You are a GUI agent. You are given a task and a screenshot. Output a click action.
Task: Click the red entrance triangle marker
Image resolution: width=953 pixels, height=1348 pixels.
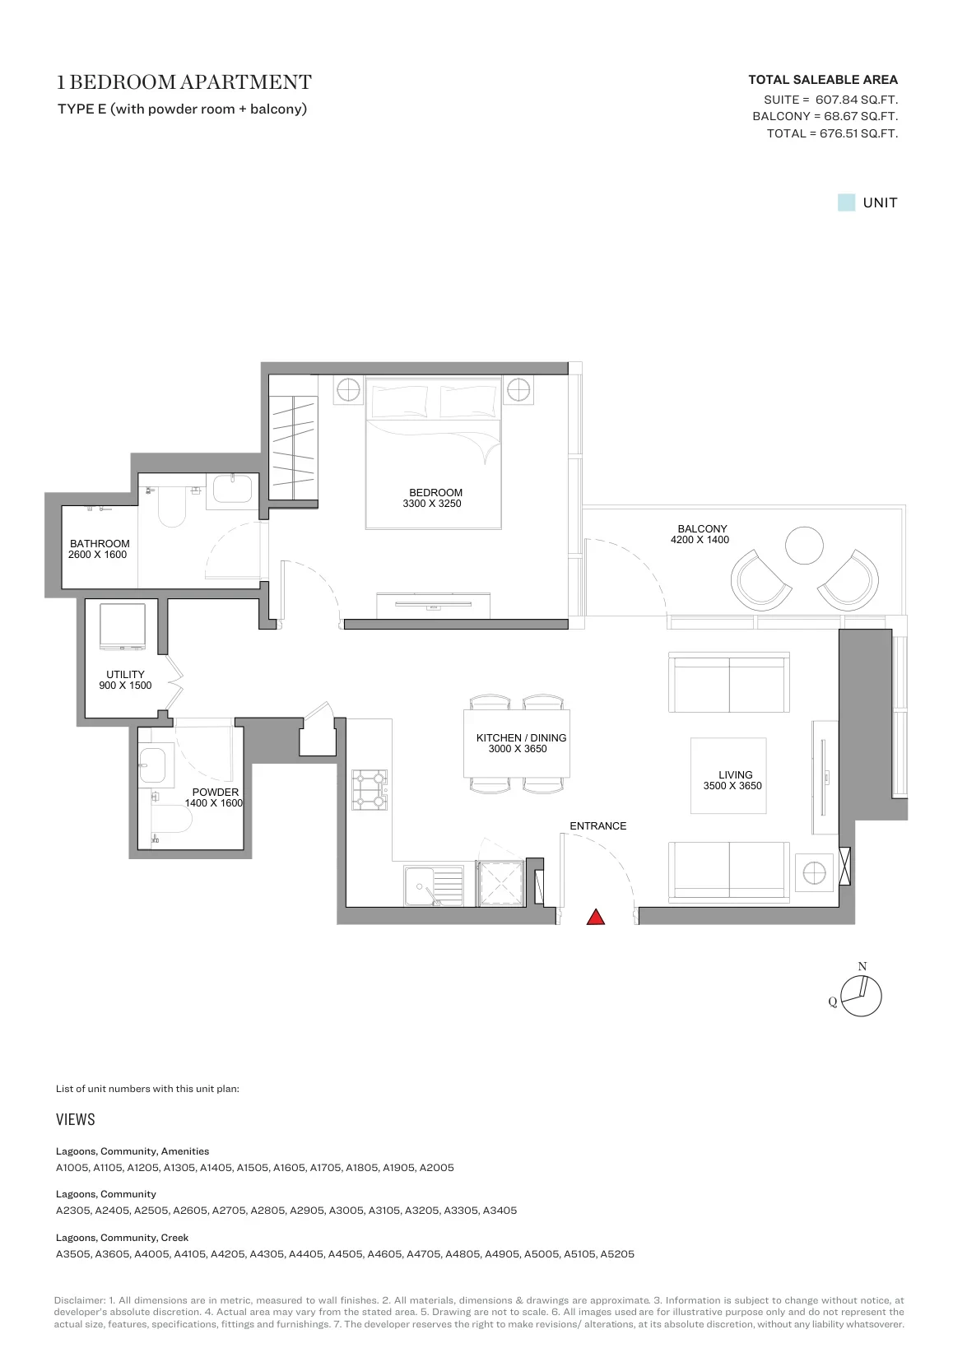coord(595,917)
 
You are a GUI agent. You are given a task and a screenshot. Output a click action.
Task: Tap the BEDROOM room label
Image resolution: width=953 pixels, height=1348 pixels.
coord(435,492)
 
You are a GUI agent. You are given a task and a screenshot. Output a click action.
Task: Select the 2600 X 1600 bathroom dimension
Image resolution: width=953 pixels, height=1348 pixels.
coord(97,555)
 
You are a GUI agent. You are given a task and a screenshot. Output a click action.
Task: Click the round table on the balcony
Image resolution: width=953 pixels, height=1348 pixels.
coord(804,546)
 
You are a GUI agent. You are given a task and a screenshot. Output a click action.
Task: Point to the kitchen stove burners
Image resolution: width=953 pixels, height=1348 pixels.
coord(370,789)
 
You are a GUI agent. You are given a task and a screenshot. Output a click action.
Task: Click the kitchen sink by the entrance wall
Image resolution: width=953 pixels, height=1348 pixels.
coord(434,885)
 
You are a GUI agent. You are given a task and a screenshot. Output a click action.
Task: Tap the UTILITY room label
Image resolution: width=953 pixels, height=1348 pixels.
coord(125,674)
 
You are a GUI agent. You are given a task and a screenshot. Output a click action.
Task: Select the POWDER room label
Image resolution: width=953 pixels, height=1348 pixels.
coord(216,792)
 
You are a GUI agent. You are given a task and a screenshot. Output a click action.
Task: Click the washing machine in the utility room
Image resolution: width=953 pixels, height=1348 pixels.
coord(123,627)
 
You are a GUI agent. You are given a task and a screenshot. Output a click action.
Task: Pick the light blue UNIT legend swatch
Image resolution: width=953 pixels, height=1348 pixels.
coord(846,202)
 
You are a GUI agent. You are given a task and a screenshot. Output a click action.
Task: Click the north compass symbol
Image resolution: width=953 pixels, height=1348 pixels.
coord(860,996)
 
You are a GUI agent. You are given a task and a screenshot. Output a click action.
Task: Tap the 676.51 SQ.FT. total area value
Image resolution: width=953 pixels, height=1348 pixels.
coord(858,133)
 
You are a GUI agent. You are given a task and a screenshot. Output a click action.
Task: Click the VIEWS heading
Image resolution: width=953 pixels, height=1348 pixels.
coord(75,1119)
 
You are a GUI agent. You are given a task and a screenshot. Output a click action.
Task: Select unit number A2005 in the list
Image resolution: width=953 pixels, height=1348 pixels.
coord(436,1168)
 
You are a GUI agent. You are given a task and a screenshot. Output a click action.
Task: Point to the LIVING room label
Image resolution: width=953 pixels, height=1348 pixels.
coord(735,775)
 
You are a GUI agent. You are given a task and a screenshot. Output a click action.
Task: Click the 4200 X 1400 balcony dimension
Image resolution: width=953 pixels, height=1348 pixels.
coord(700,540)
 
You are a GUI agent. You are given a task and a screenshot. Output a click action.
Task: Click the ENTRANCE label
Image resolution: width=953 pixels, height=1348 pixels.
coord(598,826)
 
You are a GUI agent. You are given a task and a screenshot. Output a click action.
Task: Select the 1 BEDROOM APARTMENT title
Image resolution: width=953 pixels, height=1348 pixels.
coord(184,81)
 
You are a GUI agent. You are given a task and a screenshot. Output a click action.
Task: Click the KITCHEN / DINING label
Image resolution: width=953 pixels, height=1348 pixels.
coord(521,738)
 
